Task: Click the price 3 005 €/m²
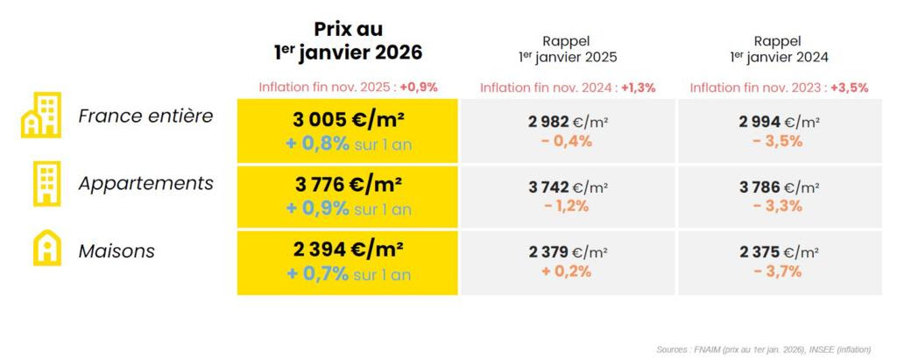[347, 118]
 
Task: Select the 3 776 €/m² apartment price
[347, 185]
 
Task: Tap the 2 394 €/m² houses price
[347, 250]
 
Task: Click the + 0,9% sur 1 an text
[348, 209]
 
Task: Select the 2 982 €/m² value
[569, 122]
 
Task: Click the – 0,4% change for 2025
[569, 141]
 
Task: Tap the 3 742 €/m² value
[569, 187]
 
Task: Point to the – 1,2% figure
[569, 207]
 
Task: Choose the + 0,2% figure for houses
[569, 271]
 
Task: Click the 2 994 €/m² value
[780, 122]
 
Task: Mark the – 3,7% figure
[780, 271]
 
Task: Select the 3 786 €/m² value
[780, 187]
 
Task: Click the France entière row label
[145, 116]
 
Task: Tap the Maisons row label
[117, 251]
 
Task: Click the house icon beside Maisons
[46, 250]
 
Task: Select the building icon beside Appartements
[46, 184]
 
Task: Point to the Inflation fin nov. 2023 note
[779, 88]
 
